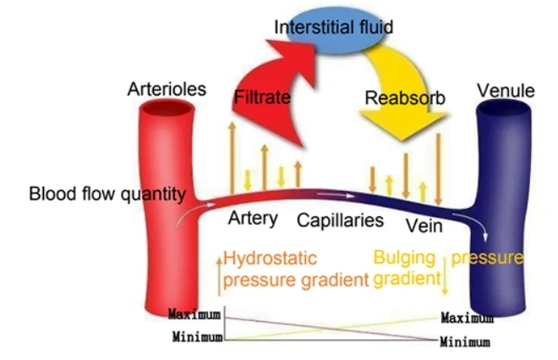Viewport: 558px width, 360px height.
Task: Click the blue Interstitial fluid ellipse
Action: [334, 30]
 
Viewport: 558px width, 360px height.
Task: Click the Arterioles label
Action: [167, 89]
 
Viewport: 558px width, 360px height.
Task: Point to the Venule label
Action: [506, 91]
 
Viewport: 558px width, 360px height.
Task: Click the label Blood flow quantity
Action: [107, 194]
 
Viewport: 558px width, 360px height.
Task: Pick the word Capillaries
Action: [340, 221]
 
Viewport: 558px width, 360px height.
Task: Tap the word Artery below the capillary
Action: [253, 218]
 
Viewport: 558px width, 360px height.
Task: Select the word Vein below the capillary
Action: [424, 226]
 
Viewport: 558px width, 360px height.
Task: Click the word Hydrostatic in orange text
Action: [270, 259]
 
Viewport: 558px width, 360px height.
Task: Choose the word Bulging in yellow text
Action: [404, 259]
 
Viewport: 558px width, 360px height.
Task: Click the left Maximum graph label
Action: [194, 314]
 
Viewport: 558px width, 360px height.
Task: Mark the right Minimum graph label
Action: [465, 342]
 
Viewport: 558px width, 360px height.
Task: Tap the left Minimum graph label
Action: [198, 336]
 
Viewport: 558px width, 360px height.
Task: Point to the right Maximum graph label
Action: [468, 318]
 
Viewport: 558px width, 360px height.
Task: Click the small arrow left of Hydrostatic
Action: [219, 277]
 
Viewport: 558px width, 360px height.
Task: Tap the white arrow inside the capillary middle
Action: [336, 195]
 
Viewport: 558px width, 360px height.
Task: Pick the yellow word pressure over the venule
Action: [488, 259]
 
